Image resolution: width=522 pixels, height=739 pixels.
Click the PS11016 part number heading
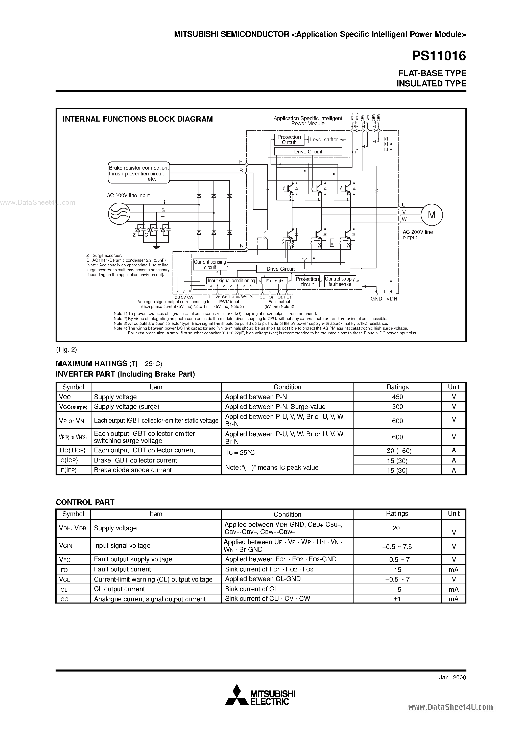click(439, 56)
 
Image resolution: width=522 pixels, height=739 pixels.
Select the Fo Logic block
click(274, 281)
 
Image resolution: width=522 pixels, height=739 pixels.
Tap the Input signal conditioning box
click(231, 281)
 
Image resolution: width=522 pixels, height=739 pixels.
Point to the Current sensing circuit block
click(210, 265)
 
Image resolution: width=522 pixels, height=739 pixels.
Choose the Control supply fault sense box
click(340, 282)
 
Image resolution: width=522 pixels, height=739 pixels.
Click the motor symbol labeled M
click(432, 215)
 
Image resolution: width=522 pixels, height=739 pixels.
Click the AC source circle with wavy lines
click(119, 213)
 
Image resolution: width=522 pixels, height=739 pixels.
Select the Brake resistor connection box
click(139, 173)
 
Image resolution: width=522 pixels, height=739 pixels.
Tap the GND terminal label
click(376, 299)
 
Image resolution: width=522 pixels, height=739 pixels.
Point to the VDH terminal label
click(392, 299)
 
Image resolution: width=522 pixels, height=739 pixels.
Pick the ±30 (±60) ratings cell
click(397, 451)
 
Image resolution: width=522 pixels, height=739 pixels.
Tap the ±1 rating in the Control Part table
click(397, 599)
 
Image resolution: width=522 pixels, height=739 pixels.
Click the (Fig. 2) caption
click(66, 350)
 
